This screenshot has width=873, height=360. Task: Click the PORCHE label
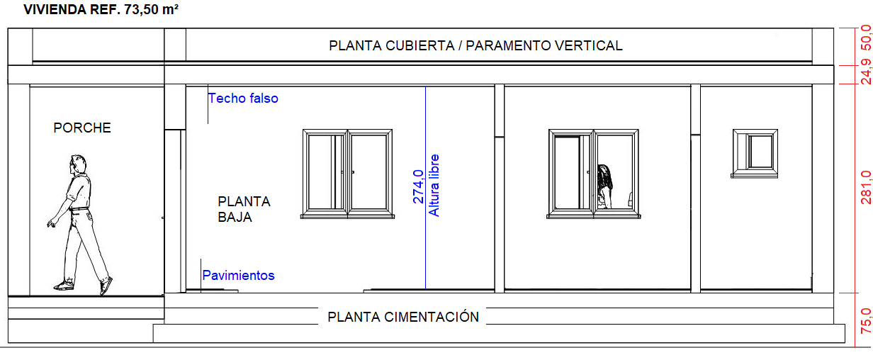[82, 128]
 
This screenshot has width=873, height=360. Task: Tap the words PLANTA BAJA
[244, 209]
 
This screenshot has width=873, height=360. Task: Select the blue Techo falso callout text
[243, 99]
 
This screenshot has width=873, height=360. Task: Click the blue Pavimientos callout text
[238, 276]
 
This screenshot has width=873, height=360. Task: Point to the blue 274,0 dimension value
[418, 186]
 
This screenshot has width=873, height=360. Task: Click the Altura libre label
[434, 186]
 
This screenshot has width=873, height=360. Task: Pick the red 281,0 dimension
[866, 187]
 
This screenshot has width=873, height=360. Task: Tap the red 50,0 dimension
[866, 38]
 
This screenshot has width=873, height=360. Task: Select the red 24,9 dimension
[866, 72]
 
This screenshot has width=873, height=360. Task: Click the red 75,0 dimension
[866, 320]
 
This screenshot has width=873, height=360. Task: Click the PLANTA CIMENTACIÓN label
[403, 317]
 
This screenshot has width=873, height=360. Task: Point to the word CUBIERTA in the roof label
[420, 45]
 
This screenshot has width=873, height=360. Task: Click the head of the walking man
[78, 164]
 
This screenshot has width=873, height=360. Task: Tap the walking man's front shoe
[64, 286]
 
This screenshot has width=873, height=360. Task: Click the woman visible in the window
[604, 186]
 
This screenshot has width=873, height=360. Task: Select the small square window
[755, 154]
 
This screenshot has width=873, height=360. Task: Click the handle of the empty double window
[353, 172]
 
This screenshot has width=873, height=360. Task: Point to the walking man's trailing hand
[51, 223]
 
